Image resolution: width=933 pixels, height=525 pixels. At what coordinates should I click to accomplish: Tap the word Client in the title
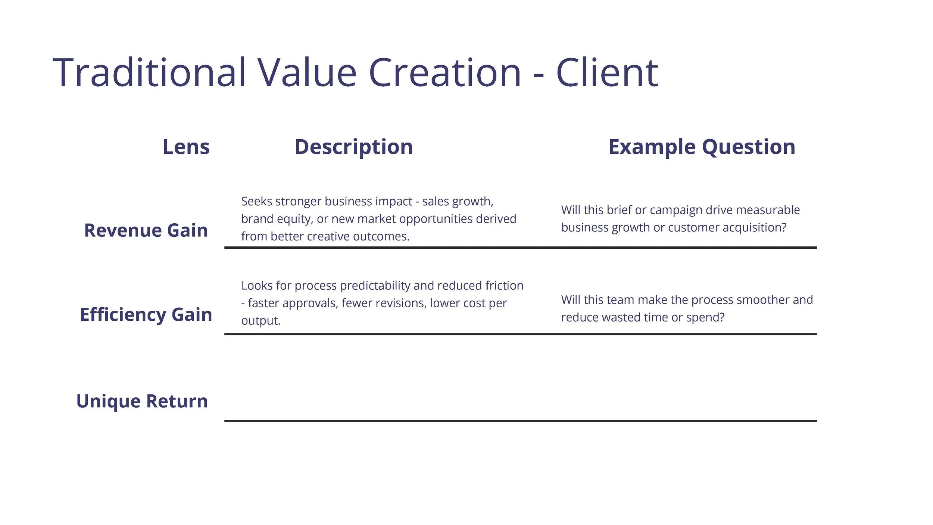pos(607,73)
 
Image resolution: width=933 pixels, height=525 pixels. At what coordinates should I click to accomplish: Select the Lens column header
pos(186,147)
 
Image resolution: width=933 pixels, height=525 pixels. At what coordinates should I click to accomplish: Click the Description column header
pos(353,147)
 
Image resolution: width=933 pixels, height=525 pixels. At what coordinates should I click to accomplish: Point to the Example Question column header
pos(702,147)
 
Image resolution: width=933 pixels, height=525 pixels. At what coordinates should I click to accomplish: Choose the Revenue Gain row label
pos(146,230)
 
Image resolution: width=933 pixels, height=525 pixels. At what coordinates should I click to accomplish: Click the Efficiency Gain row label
pos(146,314)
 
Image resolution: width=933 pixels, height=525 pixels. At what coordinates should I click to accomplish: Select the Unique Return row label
pos(142,401)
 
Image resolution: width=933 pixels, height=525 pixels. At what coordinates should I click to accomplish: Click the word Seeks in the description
pos(257,201)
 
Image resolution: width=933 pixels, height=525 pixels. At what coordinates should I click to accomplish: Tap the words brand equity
pos(276,219)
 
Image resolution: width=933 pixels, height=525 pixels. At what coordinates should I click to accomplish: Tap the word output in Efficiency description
pos(260,321)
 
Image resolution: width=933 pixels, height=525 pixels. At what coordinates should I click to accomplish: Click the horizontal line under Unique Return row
pos(520,421)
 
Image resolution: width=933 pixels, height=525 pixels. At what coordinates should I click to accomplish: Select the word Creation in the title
pos(444,73)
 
